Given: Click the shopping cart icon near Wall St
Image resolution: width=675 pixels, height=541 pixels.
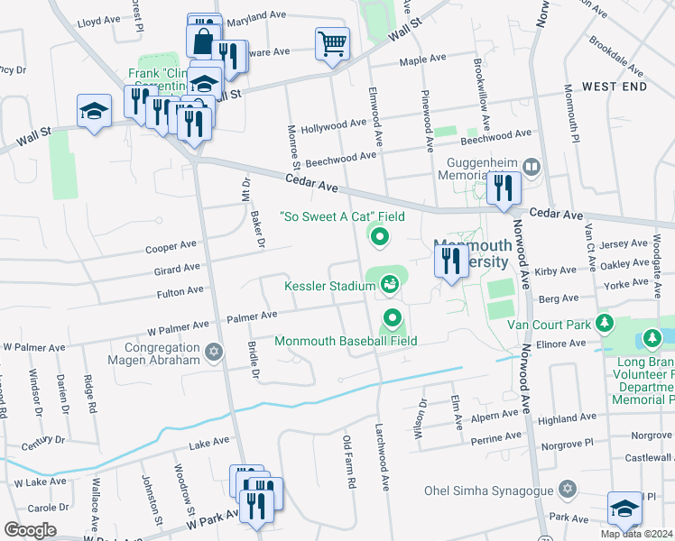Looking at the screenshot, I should (332, 42).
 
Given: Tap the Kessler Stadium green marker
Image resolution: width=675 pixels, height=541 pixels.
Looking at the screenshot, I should (390, 286).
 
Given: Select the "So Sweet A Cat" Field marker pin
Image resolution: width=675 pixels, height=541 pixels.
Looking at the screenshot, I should (380, 237).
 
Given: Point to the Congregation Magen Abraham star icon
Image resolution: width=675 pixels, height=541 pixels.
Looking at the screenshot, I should (213, 352).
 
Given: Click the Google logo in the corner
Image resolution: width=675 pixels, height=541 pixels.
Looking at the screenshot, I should (30, 530).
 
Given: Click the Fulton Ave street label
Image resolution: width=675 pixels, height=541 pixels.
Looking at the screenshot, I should (180, 292).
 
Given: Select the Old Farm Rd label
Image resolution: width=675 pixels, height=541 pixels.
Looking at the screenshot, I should (348, 461).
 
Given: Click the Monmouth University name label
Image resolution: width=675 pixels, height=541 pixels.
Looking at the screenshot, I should (471, 252).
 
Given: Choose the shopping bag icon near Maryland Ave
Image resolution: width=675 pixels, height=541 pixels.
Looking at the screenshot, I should (202, 41).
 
